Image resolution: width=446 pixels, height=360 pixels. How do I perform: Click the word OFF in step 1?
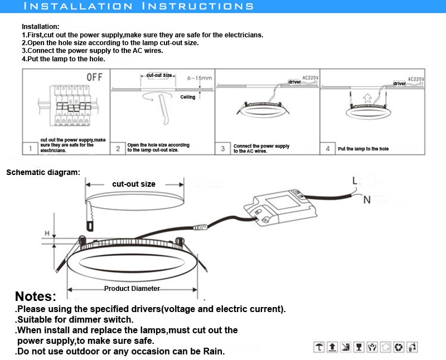point(94,77)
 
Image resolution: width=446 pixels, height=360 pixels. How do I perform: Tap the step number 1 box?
point(30,149)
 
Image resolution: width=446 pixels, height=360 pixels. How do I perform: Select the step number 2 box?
point(118,149)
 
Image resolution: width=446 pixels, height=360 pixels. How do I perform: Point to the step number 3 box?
point(223,149)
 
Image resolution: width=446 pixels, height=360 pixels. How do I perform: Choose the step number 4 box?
point(328,149)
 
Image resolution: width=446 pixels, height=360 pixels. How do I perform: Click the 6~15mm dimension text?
point(200,78)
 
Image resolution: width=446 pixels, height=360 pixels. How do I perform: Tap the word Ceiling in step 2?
point(188,97)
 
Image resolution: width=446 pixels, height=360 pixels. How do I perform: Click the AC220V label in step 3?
point(310,78)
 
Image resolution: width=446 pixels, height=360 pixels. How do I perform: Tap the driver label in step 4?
point(400,84)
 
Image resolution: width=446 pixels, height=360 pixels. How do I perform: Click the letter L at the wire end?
point(355,180)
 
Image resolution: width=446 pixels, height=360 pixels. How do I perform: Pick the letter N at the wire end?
point(367,200)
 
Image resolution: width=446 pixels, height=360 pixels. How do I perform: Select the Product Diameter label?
point(132,289)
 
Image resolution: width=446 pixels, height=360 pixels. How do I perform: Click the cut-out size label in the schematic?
point(134,184)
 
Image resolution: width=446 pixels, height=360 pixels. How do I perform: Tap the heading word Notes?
point(36,296)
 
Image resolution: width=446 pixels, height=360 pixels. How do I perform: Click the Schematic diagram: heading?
point(43,172)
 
